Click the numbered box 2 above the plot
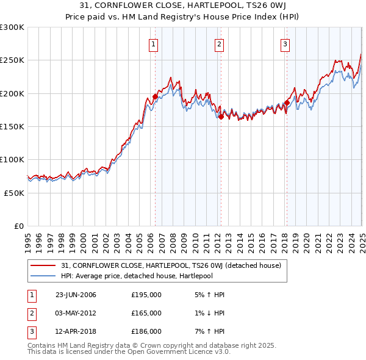tap(218, 43)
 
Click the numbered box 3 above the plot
tap(285, 43)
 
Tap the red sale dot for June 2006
tap(155, 96)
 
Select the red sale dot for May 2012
tap(220, 117)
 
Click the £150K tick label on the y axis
tap(12, 126)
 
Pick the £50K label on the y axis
tap(14, 192)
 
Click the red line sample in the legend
tap(43, 265)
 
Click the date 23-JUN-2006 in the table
tap(76, 295)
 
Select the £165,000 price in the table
tap(146, 313)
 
